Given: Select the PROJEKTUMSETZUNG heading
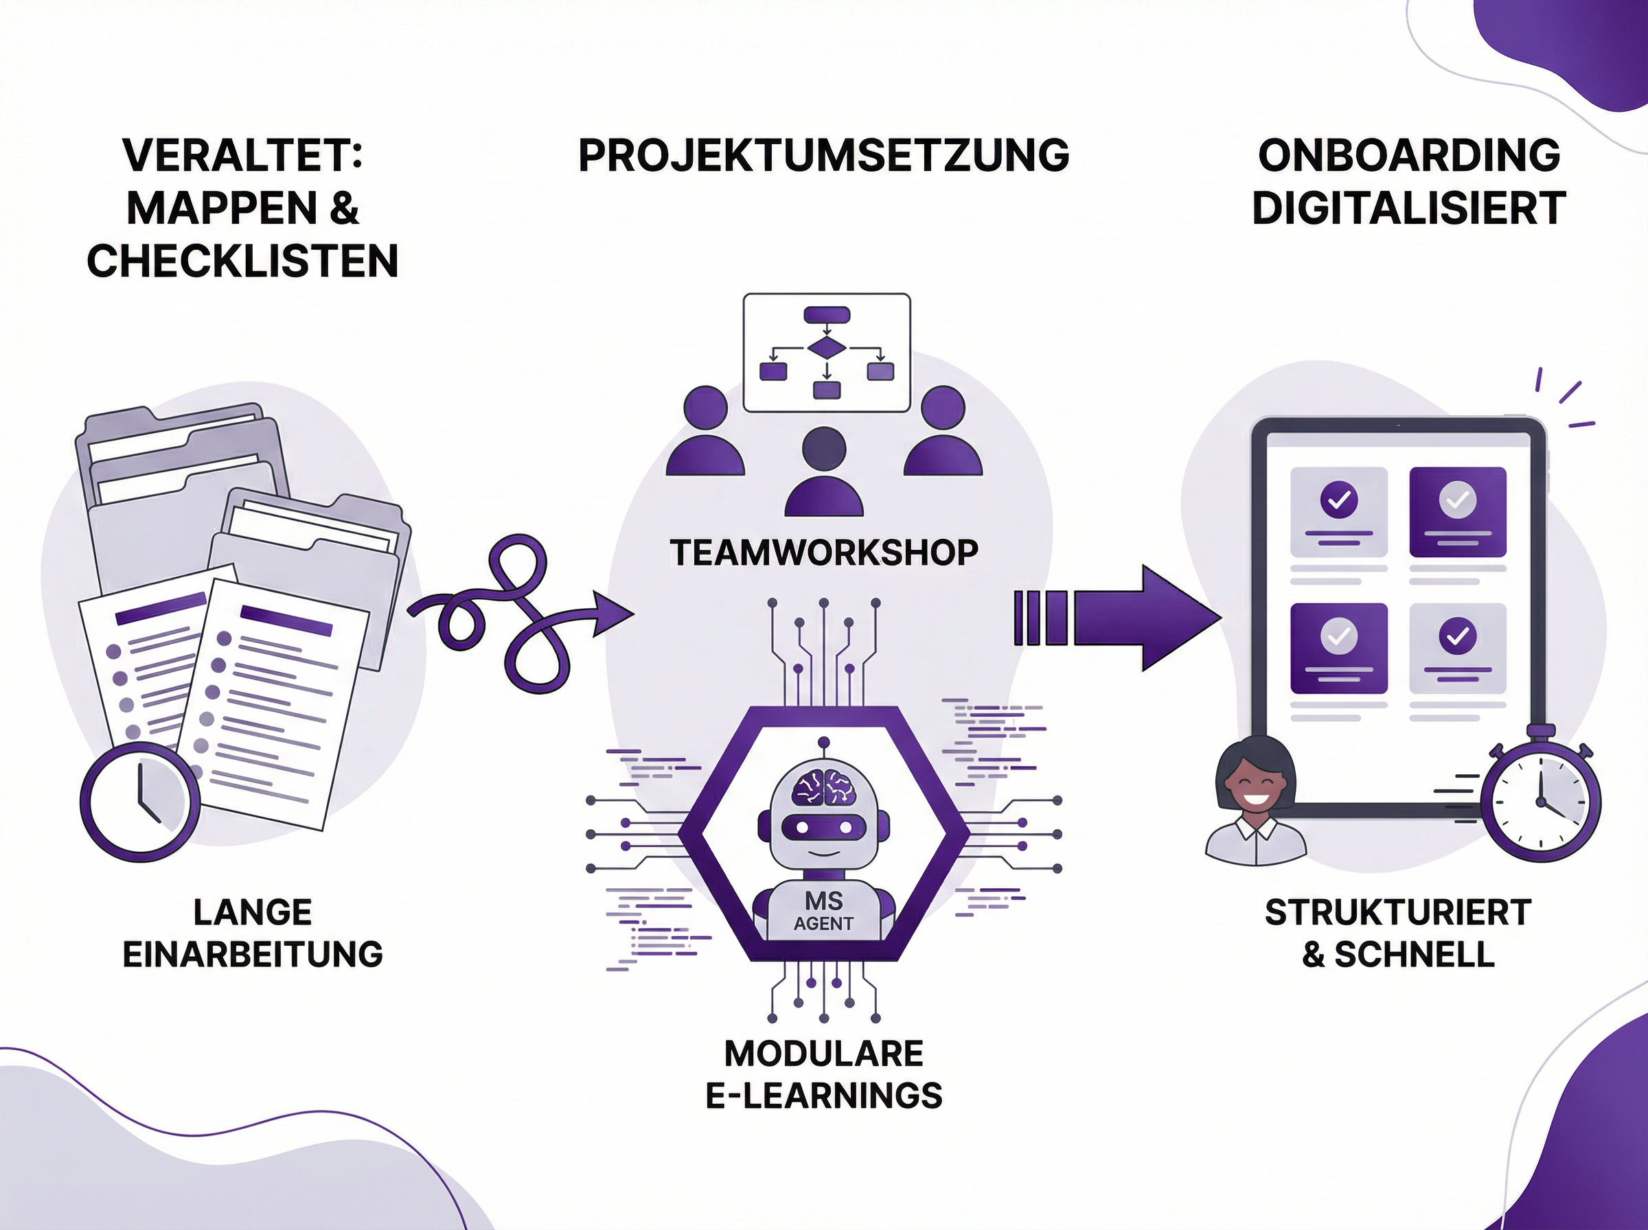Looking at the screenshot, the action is tap(823, 155).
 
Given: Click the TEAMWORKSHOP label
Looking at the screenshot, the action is tap(823, 553).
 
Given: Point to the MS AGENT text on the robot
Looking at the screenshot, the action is tap(823, 912).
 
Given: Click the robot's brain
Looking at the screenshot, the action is tap(823, 786).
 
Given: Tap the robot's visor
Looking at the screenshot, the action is tap(823, 826).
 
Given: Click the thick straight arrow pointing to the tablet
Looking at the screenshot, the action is tap(1117, 618).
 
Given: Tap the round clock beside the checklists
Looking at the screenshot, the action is tap(140, 802).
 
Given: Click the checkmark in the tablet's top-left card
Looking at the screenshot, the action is tap(1338, 500).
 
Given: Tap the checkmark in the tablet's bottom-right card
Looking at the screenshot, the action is tap(1457, 636).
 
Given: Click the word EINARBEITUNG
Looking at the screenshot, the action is tap(253, 955).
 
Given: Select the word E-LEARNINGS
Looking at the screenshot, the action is tap(823, 1096).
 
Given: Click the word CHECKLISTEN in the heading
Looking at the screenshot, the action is tap(243, 261).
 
